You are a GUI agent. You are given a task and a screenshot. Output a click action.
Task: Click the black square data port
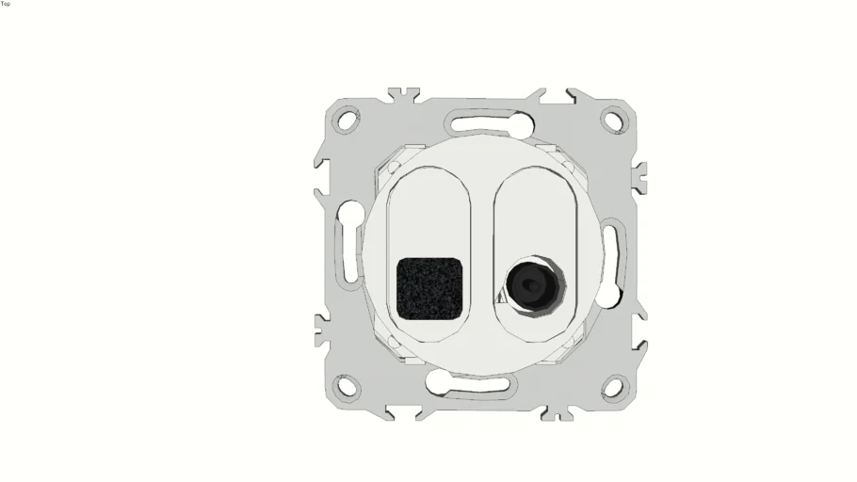pos(430,286)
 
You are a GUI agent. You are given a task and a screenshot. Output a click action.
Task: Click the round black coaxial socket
pos(531,283)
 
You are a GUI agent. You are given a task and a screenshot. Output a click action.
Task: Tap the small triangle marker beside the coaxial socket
pos(501,296)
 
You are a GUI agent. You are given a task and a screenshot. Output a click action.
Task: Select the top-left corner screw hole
pos(348,120)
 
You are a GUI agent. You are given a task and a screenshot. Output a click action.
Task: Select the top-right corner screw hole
pos(612,120)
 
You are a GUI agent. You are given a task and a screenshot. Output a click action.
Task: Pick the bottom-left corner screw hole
pos(348,386)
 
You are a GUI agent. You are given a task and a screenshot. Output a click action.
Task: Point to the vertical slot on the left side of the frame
pos(348,252)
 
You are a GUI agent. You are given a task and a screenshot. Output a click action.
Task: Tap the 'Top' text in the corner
pos(6,4)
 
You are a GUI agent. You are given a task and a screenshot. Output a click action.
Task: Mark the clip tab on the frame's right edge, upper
pos(639,176)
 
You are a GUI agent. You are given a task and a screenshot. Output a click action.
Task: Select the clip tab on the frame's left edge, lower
pos(321,329)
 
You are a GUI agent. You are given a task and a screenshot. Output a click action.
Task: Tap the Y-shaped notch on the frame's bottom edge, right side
pos(559,412)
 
